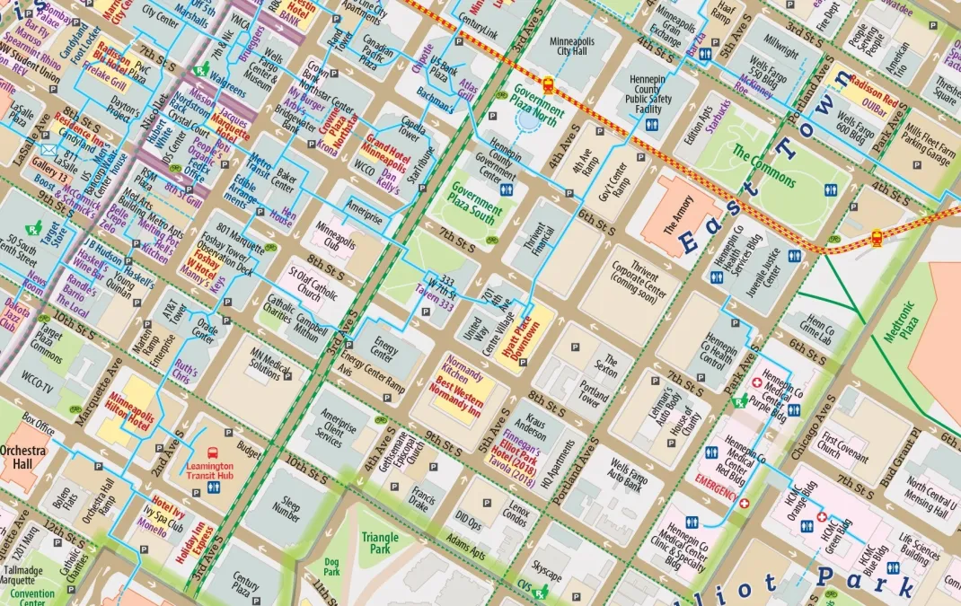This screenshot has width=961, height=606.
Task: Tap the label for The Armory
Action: point(680,215)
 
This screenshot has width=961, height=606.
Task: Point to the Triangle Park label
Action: point(380,543)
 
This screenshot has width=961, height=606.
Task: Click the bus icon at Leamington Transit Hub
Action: point(213,453)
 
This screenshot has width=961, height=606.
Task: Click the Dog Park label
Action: point(332,566)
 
